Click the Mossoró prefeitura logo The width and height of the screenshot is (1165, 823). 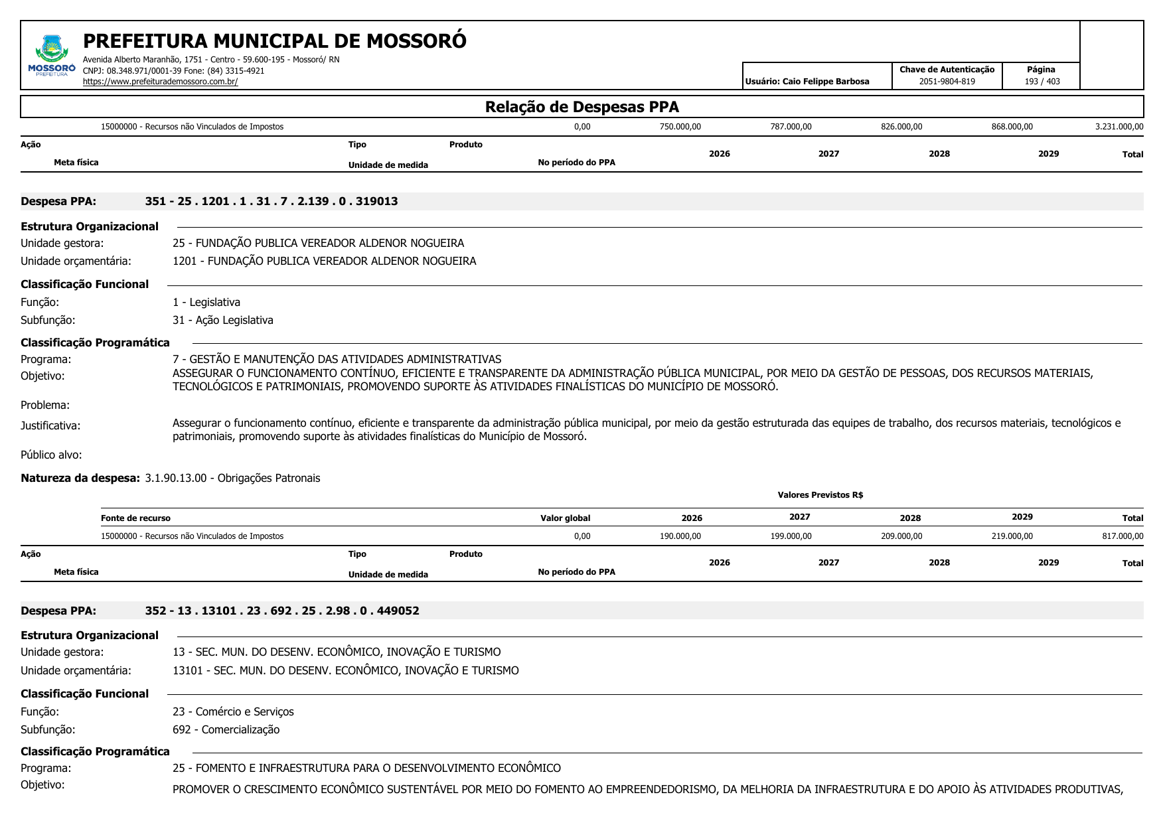(52, 55)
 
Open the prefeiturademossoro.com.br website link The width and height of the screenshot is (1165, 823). (160, 82)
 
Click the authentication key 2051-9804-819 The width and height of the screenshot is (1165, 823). (947, 82)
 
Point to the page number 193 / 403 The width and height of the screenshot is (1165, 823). (1042, 82)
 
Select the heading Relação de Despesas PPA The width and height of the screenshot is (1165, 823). (582, 107)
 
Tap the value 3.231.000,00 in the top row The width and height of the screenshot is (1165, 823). (1119, 127)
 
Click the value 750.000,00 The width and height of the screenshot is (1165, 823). (680, 127)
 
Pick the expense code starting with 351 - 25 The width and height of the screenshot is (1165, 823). (272, 201)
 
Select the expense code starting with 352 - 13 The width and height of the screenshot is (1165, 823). (282, 611)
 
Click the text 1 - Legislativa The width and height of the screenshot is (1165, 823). (206, 302)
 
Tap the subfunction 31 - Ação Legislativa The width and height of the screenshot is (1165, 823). (223, 320)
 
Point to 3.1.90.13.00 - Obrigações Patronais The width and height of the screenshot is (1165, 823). (232, 478)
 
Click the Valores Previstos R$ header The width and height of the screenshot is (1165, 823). (820, 495)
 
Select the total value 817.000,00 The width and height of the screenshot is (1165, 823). (1122, 536)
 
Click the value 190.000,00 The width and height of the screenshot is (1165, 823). (680, 536)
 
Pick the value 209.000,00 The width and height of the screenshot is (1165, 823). (901, 536)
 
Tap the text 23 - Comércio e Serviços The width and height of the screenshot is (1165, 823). (233, 711)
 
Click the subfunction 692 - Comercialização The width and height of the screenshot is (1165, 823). (226, 729)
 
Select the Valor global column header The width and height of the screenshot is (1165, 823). (565, 518)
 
